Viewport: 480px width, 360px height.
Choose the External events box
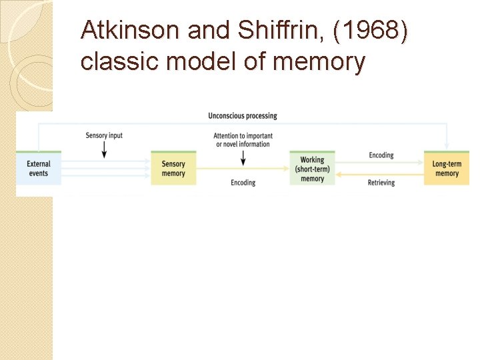(39, 168)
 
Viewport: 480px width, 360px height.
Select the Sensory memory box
(173, 169)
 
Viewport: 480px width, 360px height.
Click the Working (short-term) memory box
(312, 169)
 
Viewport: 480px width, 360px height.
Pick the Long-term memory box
(447, 169)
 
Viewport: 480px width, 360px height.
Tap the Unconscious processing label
(243, 116)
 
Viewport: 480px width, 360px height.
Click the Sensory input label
(104, 136)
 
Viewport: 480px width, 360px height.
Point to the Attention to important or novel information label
(242, 140)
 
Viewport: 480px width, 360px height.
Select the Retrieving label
(381, 183)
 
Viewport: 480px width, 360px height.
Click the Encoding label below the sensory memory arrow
(243, 183)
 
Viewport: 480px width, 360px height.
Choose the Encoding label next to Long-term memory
(381, 155)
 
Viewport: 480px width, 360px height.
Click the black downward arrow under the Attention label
(243, 158)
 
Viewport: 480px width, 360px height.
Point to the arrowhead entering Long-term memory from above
(447, 146)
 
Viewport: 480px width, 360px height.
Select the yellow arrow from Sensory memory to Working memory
(243, 169)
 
